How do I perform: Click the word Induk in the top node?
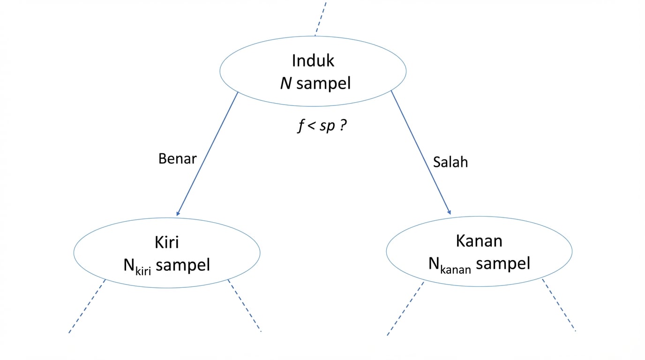pyautogui.click(x=313, y=61)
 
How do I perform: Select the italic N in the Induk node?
pyautogui.click(x=286, y=83)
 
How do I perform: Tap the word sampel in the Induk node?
pyautogui.click(x=323, y=83)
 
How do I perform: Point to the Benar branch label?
pyautogui.click(x=177, y=158)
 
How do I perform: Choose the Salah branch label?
pyautogui.click(x=450, y=162)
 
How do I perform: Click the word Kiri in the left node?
pyautogui.click(x=166, y=242)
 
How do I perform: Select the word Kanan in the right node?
pyautogui.click(x=479, y=241)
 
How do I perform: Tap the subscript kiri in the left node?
pyautogui.click(x=143, y=270)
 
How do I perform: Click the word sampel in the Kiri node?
pyautogui.click(x=183, y=265)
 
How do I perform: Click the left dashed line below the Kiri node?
pyautogui.click(x=87, y=307)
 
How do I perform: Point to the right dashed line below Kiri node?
pyautogui.click(x=244, y=306)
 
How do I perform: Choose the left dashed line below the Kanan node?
pyautogui.click(x=405, y=308)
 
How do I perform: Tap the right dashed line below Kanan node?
pyautogui.click(x=559, y=305)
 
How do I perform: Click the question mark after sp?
pyautogui.click(x=343, y=127)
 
